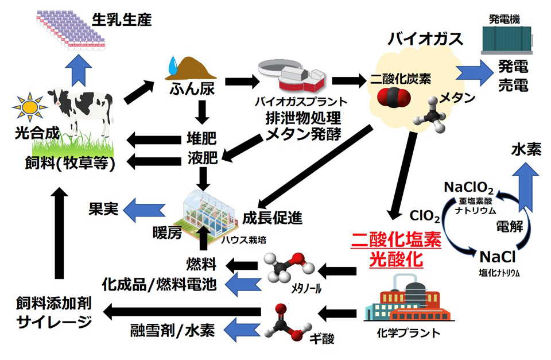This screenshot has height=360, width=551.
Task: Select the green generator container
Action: point(503,37)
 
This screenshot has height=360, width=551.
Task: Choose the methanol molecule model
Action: point(290,269)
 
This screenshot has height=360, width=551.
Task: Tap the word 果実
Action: point(103,208)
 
